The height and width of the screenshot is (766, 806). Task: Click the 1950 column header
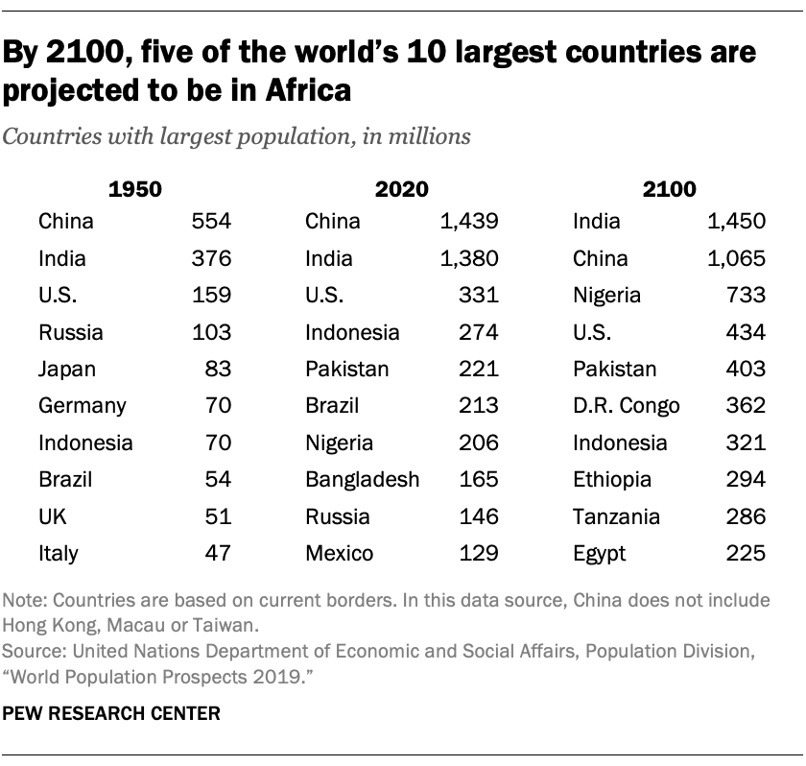(x=135, y=188)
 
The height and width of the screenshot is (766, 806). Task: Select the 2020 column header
(x=402, y=188)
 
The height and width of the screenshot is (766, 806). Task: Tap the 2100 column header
(x=670, y=188)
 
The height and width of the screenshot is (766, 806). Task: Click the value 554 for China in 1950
(x=213, y=222)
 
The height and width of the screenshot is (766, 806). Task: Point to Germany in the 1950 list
(x=82, y=406)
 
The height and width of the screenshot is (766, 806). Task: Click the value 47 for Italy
(x=219, y=553)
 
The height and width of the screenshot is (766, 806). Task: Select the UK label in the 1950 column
(x=52, y=516)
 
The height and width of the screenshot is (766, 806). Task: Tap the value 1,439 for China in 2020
(x=469, y=222)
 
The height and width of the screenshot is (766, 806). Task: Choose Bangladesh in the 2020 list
(x=362, y=480)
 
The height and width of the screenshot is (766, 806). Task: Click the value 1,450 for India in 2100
(x=736, y=222)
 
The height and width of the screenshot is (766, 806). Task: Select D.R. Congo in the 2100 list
(x=626, y=406)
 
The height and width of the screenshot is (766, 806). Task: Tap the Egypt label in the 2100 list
(x=599, y=553)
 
